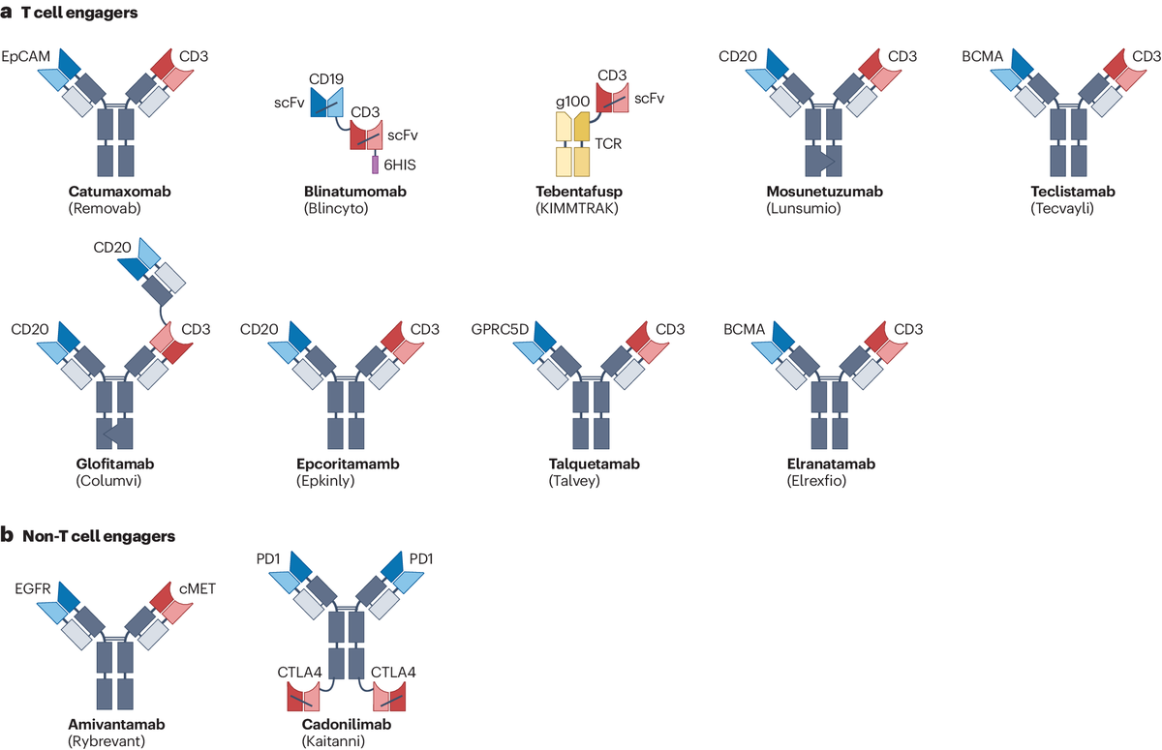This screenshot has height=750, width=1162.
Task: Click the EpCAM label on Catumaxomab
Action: [x=26, y=56]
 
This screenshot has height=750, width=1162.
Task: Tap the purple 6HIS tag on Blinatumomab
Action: [x=375, y=165]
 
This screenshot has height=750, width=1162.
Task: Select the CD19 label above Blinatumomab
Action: [x=326, y=78]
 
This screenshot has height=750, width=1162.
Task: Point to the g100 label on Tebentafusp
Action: [x=572, y=102]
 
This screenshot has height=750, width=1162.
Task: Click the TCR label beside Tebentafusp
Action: [x=608, y=143]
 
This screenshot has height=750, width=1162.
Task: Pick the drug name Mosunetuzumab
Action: [x=824, y=192]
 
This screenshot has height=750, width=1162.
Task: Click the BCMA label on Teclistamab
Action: [x=983, y=56]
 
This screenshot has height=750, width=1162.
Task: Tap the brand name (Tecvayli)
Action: [x=1062, y=208]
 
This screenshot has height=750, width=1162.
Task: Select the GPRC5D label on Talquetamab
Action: [x=500, y=329]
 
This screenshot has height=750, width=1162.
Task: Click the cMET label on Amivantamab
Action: [x=198, y=588]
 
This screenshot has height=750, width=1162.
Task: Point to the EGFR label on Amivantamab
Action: [x=33, y=588]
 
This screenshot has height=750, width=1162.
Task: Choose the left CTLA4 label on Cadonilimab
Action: [x=299, y=673]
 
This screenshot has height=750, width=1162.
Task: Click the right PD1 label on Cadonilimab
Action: [x=420, y=558]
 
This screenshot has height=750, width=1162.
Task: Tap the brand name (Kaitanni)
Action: [x=333, y=741]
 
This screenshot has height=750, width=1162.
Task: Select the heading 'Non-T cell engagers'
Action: [x=99, y=536]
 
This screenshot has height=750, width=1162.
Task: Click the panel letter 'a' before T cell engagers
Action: [x=6, y=13]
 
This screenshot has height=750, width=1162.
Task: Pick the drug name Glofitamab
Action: [x=114, y=464]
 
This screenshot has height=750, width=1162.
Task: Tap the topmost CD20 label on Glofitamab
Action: [x=112, y=247]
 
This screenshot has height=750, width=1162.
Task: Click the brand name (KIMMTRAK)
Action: [x=577, y=208]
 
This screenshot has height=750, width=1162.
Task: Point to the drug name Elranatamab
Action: [x=831, y=464]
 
